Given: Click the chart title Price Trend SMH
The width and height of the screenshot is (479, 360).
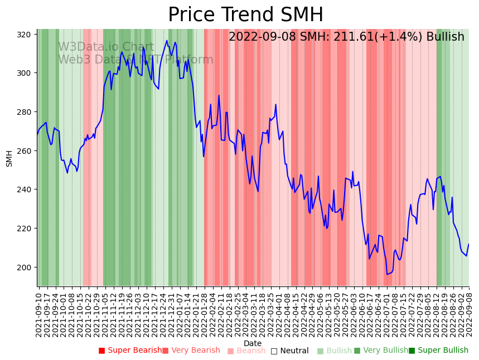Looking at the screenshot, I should (x=245, y=15).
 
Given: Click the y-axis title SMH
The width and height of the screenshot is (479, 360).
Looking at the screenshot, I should (x=9, y=158).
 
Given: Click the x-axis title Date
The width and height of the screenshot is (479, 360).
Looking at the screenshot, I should (x=253, y=344).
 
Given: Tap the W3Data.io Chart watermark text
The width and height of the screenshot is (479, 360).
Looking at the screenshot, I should (x=106, y=47).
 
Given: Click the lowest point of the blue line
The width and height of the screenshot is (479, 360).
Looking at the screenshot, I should (x=387, y=274).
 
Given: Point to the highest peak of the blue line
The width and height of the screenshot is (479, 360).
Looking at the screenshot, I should (x=167, y=40).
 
